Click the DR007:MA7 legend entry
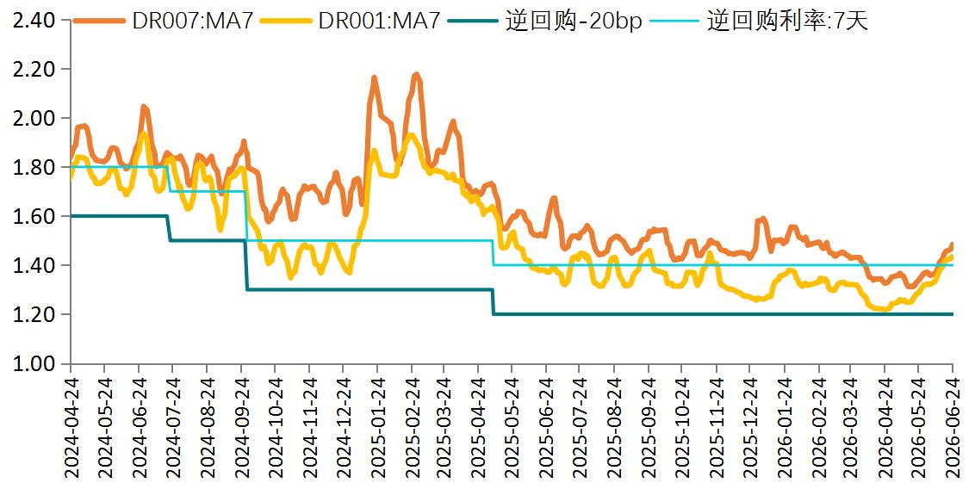pyautogui.click(x=164, y=21)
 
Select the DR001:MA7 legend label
pyautogui.click(x=350, y=21)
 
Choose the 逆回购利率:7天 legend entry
pyautogui.click(x=758, y=21)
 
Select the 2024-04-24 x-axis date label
pyautogui.click(x=71, y=427)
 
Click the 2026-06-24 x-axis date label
pyautogui.click(x=953, y=427)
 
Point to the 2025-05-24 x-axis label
pyautogui.click(x=511, y=427)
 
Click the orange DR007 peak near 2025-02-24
pyautogui.click(x=416, y=74)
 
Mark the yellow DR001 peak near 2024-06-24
pyautogui.click(x=144, y=133)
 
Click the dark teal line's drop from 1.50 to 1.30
pyautogui.click(x=246, y=264)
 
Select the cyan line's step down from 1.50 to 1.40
pyautogui.click(x=493, y=253)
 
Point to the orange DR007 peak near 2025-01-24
pyautogui.click(x=375, y=77)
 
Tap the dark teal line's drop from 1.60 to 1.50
pyautogui.click(x=169, y=228)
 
